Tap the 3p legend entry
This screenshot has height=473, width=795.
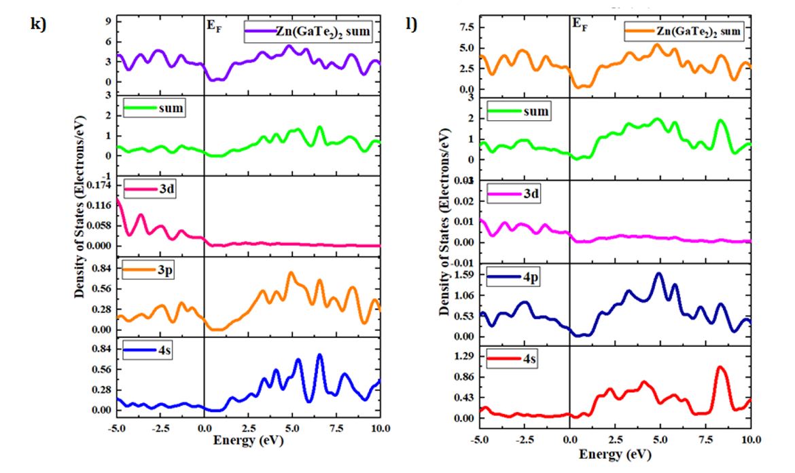click(x=152, y=270)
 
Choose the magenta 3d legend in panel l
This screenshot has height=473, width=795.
click(x=515, y=195)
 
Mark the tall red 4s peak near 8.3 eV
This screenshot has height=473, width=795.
click(x=720, y=368)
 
